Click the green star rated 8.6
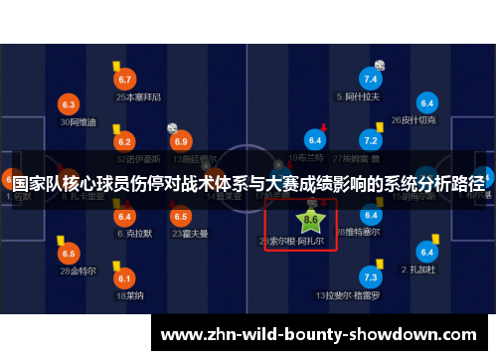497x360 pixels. click(310, 218)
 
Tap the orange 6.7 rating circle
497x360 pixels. click(125, 80)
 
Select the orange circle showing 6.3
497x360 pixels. click(69, 103)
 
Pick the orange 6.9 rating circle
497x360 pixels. click(181, 141)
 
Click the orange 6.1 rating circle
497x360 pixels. click(125, 278)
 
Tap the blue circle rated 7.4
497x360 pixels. click(371, 79)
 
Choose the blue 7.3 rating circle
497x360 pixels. click(371, 276)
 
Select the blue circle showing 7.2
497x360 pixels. click(371, 140)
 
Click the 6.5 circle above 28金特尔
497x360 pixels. click(69, 253)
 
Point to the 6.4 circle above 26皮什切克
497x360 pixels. click(427, 103)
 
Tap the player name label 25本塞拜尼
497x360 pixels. click(138, 97)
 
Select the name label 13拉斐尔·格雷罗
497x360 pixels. click(348, 295)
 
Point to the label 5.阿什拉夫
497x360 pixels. click(359, 97)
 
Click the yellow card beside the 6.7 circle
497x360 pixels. click(116, 65)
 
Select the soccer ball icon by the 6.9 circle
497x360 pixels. click(172, 127)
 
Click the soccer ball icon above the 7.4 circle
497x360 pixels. click(379, 65)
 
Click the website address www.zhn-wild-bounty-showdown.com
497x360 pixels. click(318, 335)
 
